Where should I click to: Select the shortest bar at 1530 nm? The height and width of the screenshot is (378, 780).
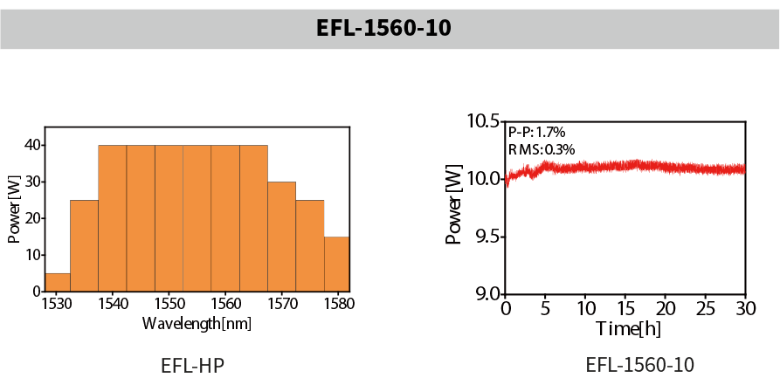(58, 282)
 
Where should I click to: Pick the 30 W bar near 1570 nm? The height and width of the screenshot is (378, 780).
(281, 236)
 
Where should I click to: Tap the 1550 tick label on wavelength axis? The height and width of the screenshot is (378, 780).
(169, 304)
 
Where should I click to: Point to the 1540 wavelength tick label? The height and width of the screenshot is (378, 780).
(112, 304)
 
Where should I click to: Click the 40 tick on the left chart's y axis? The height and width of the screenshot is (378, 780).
(33, 144)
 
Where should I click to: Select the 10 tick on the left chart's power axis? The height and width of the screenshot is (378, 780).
(33, 254)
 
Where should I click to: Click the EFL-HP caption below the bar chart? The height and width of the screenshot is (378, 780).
(193, 364)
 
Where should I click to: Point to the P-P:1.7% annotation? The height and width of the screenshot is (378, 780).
(536, 132)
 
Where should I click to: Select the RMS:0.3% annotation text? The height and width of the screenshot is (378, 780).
(542, 149)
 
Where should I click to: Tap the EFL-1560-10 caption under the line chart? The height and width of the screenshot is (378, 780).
(639, 364)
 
